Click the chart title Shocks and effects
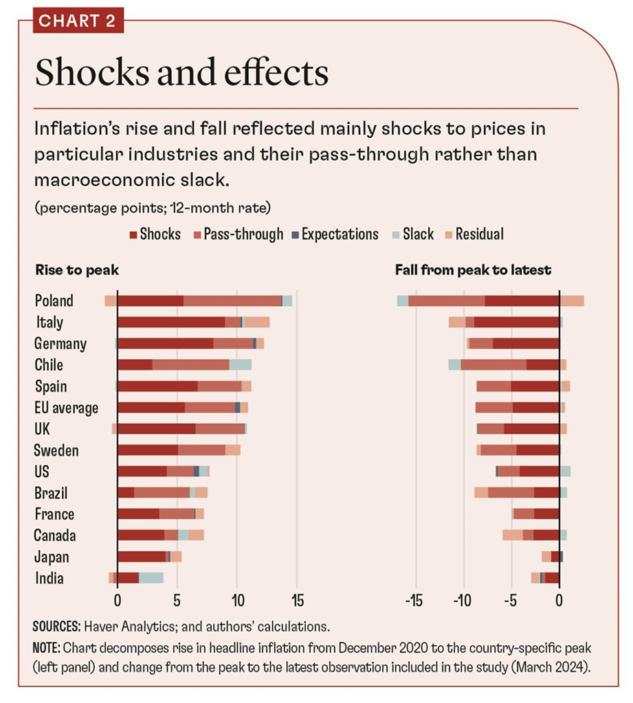181,74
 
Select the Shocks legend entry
155,234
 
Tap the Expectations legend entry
335,234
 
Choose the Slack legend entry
413,234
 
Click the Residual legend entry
474,234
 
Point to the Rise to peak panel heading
76,270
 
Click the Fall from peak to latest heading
473,270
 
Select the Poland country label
54,301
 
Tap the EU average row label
66,408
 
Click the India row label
49,578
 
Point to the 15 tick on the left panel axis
296,599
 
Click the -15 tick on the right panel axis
413,599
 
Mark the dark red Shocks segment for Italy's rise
171,322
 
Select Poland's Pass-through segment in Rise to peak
232,301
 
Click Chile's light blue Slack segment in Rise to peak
241,365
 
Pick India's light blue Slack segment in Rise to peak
151,578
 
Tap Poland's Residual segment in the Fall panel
572,301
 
